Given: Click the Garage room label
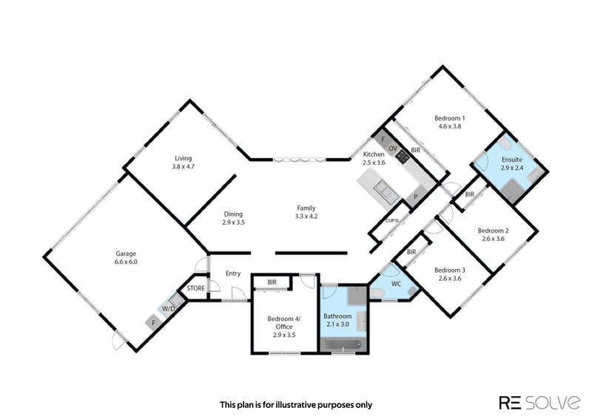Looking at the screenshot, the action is tap(126, 258).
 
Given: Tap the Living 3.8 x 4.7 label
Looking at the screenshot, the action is tap(183, 162).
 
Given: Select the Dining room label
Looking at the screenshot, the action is tap(233, 218).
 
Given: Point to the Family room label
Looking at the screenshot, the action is tap(306, 212).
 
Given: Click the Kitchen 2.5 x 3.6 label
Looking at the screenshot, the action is tap(374, 158).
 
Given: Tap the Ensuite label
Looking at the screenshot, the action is tap(512, 163).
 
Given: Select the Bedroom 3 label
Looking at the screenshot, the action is tap(450, 274).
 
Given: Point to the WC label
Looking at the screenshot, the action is tap(396, 284).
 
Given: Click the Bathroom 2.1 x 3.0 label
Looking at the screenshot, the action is tap(337, 320).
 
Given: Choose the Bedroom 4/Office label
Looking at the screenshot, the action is tap(284, 327).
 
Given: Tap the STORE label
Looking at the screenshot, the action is tap(196, 288).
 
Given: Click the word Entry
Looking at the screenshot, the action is tap(233, 273).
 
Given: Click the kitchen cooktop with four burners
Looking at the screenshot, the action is tap(403, 156).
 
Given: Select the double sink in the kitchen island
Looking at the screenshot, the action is tap(385, 191).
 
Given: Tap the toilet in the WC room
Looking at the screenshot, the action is tap(377, 293).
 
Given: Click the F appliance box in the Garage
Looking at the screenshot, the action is tap(153, 323).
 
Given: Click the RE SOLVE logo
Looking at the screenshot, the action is tap(540, 403).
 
